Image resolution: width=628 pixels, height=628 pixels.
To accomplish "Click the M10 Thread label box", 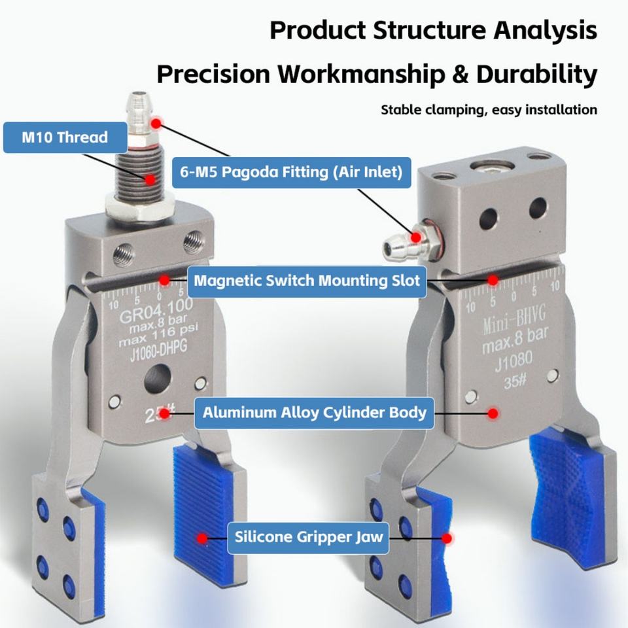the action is point(65,137).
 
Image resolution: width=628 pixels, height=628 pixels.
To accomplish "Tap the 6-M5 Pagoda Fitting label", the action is point(292,172).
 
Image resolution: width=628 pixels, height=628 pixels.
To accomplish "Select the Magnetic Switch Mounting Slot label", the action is point(307,281).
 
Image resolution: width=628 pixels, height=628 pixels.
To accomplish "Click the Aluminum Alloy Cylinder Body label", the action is point(315,413).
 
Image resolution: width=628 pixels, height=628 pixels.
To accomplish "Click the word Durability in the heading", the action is point(536,74).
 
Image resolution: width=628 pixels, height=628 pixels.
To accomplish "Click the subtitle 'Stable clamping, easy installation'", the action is point(489,110).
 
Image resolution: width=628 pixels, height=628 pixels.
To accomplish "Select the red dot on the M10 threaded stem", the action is point(150,179).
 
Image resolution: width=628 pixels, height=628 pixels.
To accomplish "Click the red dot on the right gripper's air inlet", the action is point(416,237).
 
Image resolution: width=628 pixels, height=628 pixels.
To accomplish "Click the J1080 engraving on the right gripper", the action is point(514,361).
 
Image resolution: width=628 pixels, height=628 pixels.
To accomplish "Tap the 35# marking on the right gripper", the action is point(515,381).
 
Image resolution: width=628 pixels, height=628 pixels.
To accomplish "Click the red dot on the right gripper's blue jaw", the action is point(447,538).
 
